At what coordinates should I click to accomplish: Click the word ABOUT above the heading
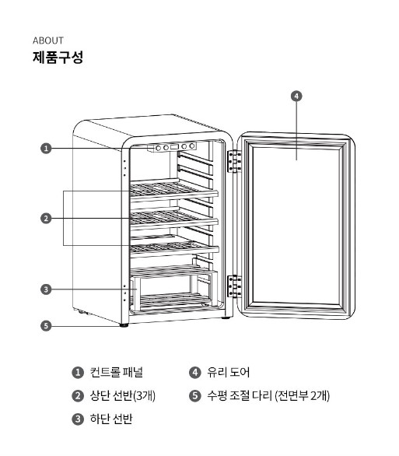(x=48, y=40)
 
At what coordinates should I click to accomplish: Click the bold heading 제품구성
(x=58, y=57)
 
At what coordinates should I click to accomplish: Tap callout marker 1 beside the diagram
(x=46, y=149)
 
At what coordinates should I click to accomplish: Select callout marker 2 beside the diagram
(x=46, y=219)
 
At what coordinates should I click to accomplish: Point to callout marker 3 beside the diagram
(x=46, y=289)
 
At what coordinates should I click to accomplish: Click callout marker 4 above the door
(x=296, y=96)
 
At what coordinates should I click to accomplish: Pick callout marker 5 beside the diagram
(x=46, y=326)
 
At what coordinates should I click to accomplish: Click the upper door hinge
(x=234, y=161)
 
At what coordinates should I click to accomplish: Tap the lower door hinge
(x=234, y=286)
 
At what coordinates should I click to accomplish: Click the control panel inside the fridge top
(x=172, y=147)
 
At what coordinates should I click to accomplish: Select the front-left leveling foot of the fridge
(x=124, y=325)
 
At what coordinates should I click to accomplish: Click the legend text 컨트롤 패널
(x=116, y=372)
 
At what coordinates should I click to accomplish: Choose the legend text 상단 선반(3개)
(x=123, y=396)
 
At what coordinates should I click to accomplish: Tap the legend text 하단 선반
(x=111, y=419)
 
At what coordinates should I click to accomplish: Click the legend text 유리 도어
(x=229, y=372)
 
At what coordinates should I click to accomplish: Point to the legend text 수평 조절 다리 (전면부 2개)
(x=268, y=396)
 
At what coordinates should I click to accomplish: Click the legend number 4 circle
(x=195, y=373)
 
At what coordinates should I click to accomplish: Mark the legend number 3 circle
(x=78, y=419)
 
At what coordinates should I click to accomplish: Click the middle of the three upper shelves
(x=173, y=219)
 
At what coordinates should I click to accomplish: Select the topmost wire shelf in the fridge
(x=173, y=190)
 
